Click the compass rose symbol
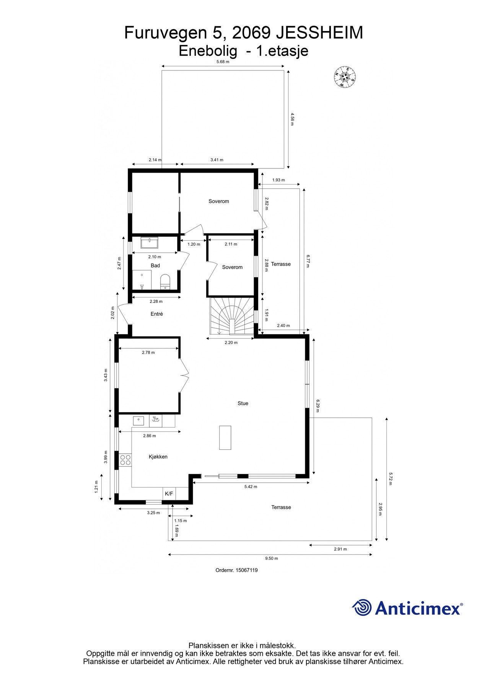[x=344, y=78]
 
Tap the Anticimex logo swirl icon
[x=362, y=607]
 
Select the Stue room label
[x=243, y=403]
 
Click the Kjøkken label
[x=158, y=457]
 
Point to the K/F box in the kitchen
[x=169, y=494]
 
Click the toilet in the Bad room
[x=165, y=281]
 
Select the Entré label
[x=156, y=314]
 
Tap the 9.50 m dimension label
[x=272, y=558]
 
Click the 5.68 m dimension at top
[x=223, y=62]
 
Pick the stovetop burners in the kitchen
[x=125, y=460]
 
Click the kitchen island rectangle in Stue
[x=225, y=438]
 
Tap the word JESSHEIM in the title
[x=319, y=33]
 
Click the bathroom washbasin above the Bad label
[x=150, y=243]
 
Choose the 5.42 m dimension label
[x=251, y=487]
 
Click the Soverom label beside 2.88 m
[x=232, y=267]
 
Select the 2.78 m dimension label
[x=148, y=353]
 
